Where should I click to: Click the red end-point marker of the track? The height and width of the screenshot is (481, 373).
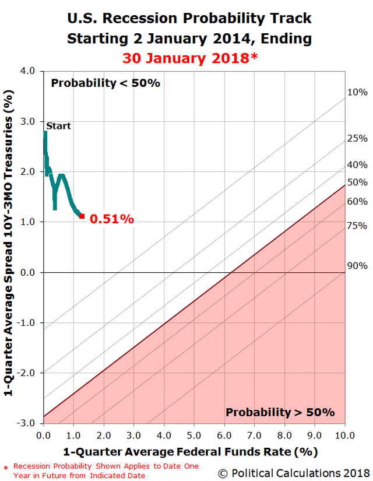pos(82,216)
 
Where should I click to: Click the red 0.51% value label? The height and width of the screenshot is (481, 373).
pos(112,219)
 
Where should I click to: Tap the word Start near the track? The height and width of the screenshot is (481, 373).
pos(58,125)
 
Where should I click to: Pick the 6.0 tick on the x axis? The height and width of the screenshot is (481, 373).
pos(224,434)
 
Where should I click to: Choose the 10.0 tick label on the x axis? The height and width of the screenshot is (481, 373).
pos(344,434)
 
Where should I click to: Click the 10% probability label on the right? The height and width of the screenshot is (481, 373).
pos(357,92)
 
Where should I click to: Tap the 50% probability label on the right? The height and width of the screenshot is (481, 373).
pos(357,182)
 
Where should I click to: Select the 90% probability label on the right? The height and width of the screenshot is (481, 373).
pos(357,266)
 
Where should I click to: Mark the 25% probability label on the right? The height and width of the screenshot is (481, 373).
pos(357,138)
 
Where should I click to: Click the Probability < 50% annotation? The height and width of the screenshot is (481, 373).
pos(105,83)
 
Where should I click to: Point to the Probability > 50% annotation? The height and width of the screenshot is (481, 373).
pos(280,412)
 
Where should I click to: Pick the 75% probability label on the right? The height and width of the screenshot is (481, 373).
pos(357,226)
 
